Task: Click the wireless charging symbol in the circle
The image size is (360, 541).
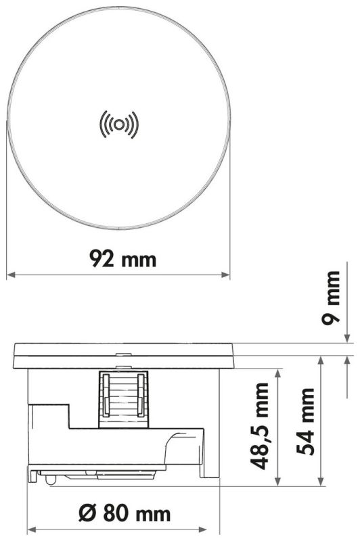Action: pos(118,124)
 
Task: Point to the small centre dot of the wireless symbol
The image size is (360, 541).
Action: pos(118,124)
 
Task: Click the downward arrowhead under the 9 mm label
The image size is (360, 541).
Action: pos(346,339)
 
